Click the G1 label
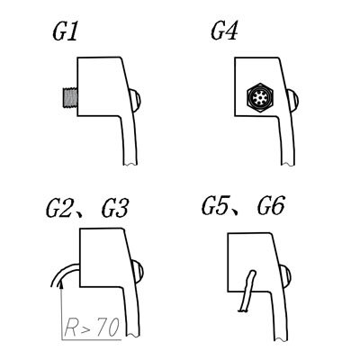65,31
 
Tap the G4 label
224,31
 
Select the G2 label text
59,208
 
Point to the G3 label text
115,208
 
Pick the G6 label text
270,205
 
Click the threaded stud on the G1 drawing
70,96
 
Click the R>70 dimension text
92,328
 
